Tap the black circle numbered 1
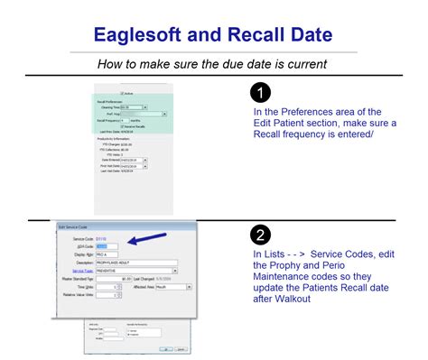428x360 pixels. point(260,92)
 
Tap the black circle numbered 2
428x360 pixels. point(260,234)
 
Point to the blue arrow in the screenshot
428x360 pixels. point(150,239)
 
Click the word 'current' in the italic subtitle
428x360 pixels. point(304,63)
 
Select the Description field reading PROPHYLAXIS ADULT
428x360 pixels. point(135,262)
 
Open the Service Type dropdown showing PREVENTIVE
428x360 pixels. point(135,271)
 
